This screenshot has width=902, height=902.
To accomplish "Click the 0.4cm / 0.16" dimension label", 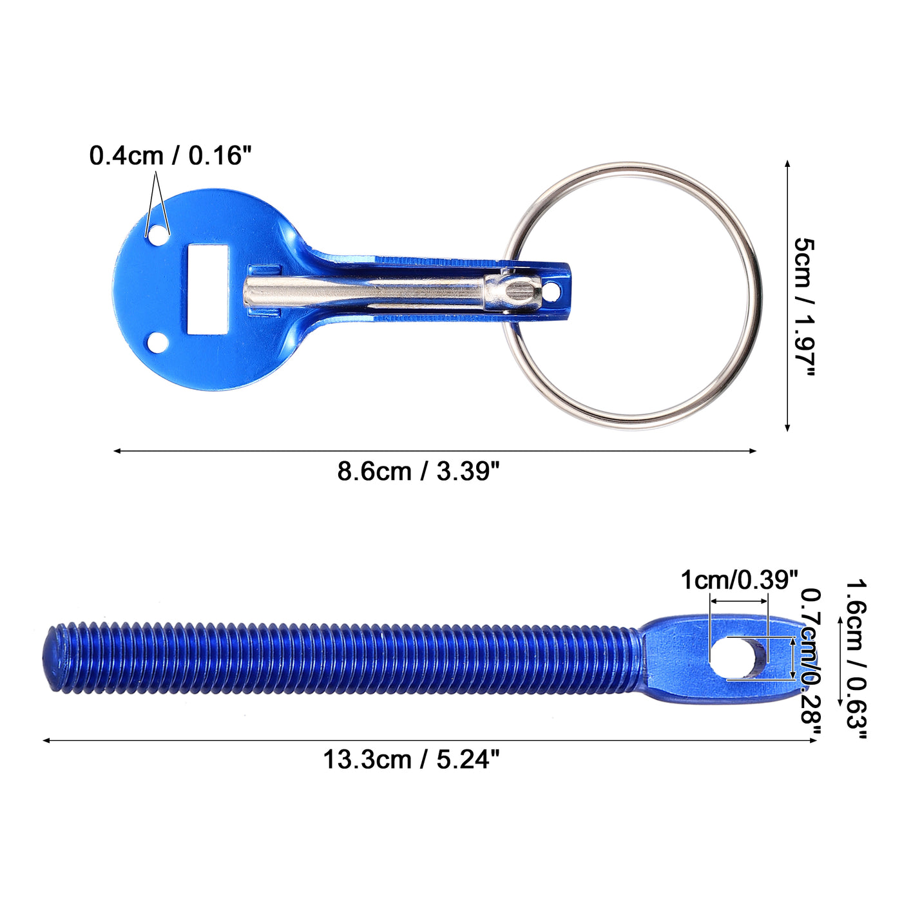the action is point(170,155).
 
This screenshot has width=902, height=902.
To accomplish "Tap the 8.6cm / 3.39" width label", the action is point(419,471).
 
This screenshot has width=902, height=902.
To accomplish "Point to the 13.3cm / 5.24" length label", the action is point(412,759).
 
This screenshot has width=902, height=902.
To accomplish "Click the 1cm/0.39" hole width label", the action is point(739,580).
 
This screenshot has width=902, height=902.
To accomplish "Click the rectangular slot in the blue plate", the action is point(208,289).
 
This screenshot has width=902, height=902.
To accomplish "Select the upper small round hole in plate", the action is point(158,235).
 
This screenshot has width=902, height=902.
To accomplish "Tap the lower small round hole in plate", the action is point(158,343).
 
